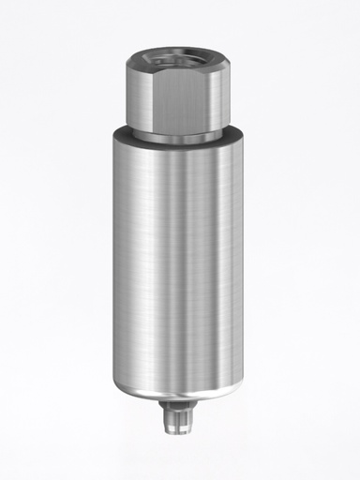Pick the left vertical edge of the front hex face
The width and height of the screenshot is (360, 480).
[151, 98]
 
